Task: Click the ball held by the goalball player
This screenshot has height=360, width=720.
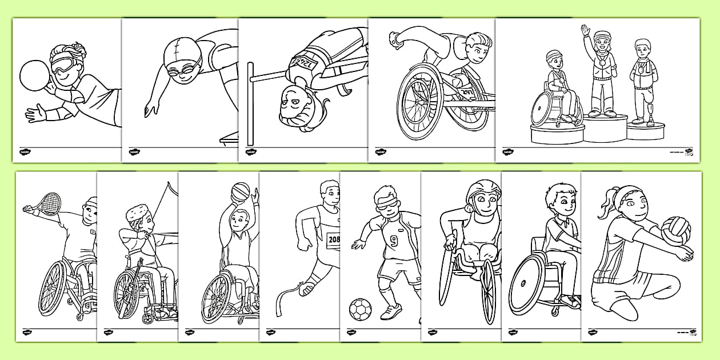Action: pyautogui.click(x=33, y=74)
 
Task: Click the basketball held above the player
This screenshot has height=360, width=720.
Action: pyautogui.click(x=241, y=191)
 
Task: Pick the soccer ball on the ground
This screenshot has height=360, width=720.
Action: pyautogui.click(x=360, y=309)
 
